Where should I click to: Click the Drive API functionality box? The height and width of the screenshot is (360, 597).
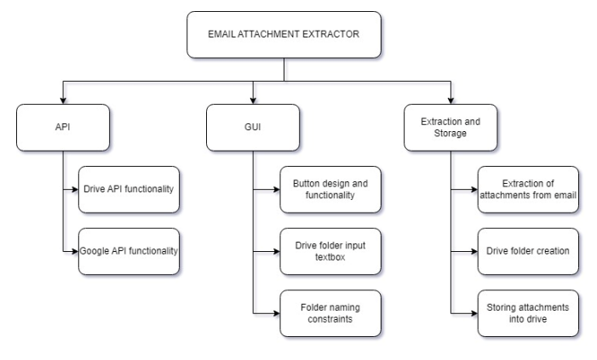(x=129, y=189)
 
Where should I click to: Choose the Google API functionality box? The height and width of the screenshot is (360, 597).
(x=129, y=251)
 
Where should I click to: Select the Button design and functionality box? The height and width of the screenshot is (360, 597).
(x=330, y=189)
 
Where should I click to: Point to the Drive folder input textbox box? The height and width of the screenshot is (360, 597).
(x=330, y=251)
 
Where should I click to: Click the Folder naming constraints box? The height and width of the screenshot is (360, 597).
(x=330, y=312)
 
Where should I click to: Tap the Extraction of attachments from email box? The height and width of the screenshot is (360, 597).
(x=528, y=189)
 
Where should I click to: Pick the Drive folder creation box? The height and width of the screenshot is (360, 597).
(x=528, y=251)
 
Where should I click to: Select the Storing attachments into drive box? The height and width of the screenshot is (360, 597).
(x=528, y=312)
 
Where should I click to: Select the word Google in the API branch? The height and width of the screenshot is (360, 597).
(x=97, y=251)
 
